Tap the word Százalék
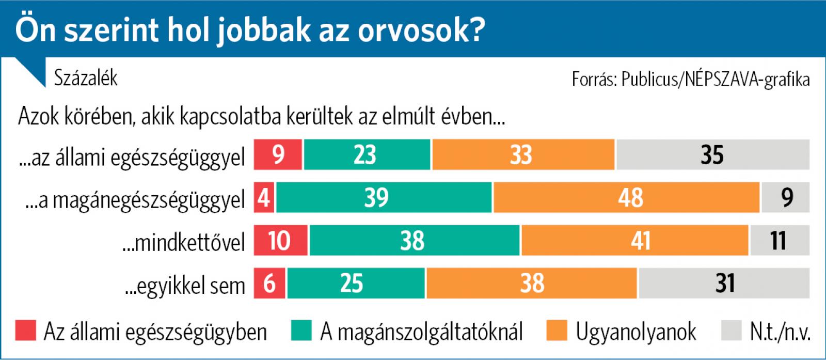pos(86,79)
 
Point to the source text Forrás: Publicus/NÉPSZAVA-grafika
pos(691,80)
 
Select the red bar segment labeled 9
pos(278,154)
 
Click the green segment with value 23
pos(367,154)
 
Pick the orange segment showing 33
pos(523,154)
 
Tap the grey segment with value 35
pos(712,154)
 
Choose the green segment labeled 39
pos(384,197)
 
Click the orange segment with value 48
pos(626,197)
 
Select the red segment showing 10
pos(280,241)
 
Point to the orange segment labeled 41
pos(634,241)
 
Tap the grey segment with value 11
pos(780,241)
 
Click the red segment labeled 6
pos(270,284)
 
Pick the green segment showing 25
pos(356,284)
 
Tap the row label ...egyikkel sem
pos(185,285)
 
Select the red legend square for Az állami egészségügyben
pos(26,331)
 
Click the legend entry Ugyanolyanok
pos(636,331)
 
